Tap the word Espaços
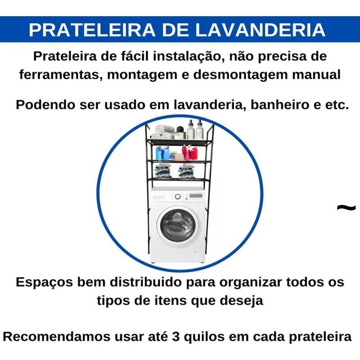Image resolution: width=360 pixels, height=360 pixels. (44, 282)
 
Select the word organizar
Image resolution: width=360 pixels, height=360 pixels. (251, 283)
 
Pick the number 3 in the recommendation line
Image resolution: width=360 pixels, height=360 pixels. (175, 337)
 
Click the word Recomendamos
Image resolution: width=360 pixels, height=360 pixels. (57, 337)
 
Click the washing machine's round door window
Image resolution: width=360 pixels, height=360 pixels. (177, 225)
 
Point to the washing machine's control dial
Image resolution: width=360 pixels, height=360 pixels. (177, 197)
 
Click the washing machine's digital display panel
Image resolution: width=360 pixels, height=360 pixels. (196, 196)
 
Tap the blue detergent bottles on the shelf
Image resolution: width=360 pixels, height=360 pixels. (162, 153)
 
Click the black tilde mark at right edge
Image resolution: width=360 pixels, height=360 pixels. (346, 207)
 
